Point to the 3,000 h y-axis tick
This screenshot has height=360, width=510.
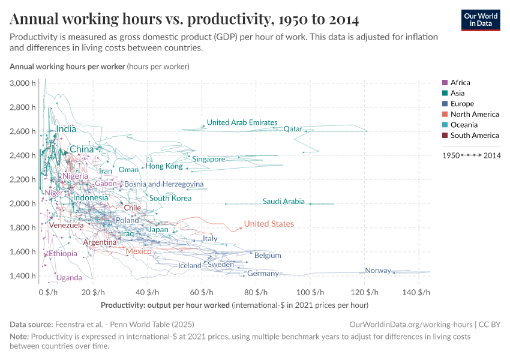[23, 83]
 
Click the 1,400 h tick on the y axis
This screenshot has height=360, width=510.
[23, 276]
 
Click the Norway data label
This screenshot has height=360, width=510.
[378, 271]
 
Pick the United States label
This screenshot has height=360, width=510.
[269, 224]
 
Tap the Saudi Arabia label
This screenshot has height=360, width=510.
[283, 202]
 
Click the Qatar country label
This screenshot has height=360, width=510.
[292, 129]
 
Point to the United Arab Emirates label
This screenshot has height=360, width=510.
[242, 122]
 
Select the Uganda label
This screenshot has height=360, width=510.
[69, 278]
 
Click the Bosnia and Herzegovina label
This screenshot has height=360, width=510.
[164, 184]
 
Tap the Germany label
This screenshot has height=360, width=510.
[263, 274]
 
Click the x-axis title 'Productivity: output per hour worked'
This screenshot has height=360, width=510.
[165, 305]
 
